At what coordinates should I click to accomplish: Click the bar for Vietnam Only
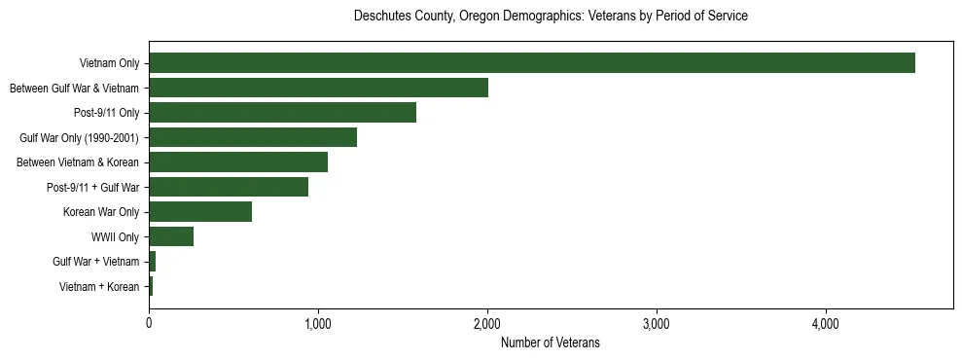531,63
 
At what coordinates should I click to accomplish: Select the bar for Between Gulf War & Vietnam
318,89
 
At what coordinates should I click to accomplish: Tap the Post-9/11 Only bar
282,113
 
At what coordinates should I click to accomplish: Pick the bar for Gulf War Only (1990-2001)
253,137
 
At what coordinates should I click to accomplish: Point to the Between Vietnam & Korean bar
238,162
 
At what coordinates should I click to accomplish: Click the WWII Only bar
171,236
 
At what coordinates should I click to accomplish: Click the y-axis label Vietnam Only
109,64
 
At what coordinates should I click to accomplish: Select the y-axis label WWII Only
115,237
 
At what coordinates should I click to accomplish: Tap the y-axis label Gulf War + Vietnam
96,262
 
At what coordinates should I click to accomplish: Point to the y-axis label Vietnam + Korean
99,287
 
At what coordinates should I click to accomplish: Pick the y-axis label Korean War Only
102,212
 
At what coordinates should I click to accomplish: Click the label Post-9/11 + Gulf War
95,188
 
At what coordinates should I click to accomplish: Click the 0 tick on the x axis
149,323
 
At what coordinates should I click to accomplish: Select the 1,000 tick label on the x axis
318,323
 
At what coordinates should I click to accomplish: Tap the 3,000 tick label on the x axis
657,323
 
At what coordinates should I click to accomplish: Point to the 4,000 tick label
826,323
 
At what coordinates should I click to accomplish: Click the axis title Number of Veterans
551,343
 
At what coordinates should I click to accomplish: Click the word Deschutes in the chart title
381,17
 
